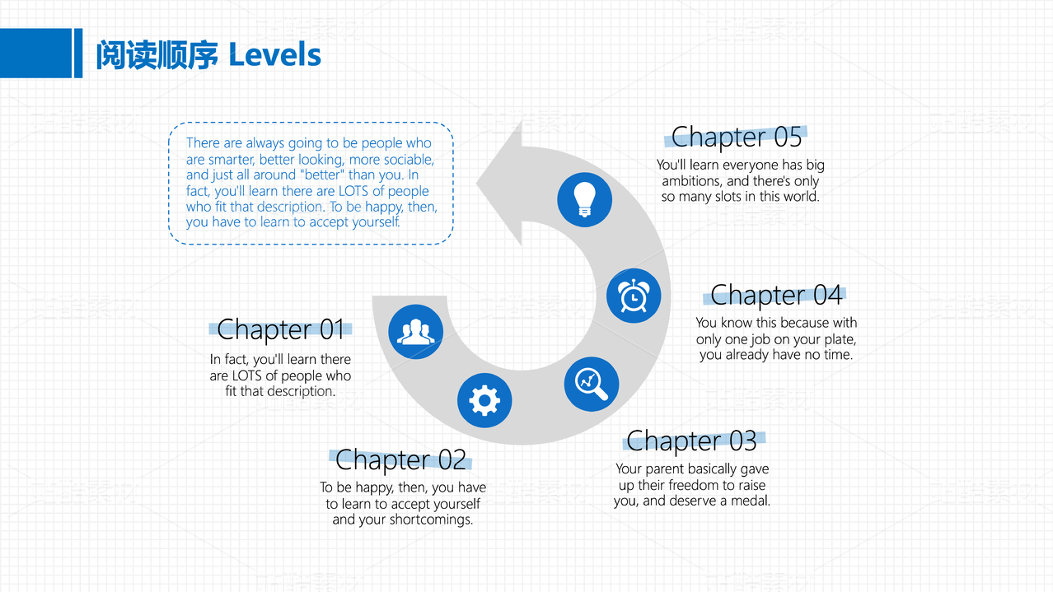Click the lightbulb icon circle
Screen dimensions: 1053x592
coord(584,198)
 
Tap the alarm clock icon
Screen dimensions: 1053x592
coord(634,296)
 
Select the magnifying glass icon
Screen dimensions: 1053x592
coord(592,384)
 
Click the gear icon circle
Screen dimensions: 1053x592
coord(484,401)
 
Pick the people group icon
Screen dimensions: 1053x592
coord(415,332)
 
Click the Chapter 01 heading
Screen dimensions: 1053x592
coord(280,329)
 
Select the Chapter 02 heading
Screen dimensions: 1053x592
coord(400,459)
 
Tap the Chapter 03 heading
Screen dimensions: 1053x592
coord(691,441)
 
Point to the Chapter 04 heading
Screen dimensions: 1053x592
coord(776,294)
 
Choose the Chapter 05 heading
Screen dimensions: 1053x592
coord(737,136)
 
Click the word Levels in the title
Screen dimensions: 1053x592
coord(274,55)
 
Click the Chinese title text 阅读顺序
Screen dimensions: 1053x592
coord(157,55)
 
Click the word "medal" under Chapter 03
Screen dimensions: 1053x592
coord(751,501)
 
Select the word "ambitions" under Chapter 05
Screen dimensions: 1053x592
coord(693,181)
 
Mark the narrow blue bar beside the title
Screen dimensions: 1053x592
coord(78,54)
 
